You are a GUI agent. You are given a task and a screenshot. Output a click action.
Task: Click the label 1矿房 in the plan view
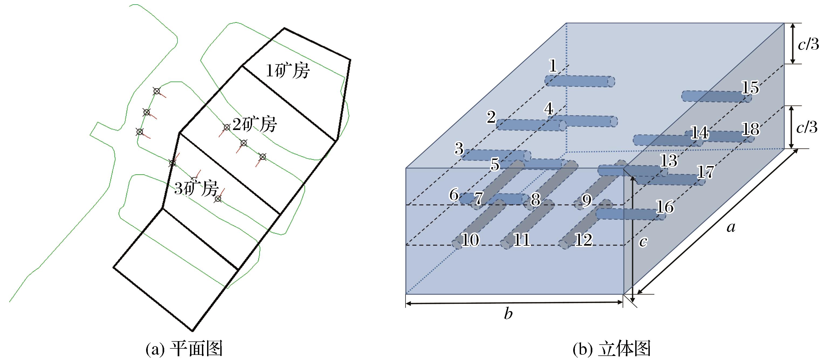point(287,71)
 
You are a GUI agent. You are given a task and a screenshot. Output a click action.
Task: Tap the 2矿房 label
point(254,124)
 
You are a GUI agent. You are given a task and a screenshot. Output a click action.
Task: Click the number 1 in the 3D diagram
point(552,66)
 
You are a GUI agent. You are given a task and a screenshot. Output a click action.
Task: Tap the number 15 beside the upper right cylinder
point(750,87)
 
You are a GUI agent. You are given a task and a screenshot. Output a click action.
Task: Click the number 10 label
point(470,240)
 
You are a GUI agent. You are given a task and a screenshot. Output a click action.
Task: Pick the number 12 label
point(583,240)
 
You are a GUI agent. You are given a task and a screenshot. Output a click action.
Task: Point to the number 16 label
point(665,207)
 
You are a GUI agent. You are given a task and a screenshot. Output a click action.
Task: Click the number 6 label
point(453,194)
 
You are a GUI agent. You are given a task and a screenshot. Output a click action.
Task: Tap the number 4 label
point(549,109)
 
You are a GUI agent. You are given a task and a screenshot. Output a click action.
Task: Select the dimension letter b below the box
point(508,314)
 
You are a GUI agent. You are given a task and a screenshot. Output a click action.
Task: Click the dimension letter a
point(731,228)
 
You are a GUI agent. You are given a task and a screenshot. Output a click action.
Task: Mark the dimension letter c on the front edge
point(643,242)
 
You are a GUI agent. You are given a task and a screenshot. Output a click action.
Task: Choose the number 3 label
point(459,149)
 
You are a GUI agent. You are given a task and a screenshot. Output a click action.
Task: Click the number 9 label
point(587,201)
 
